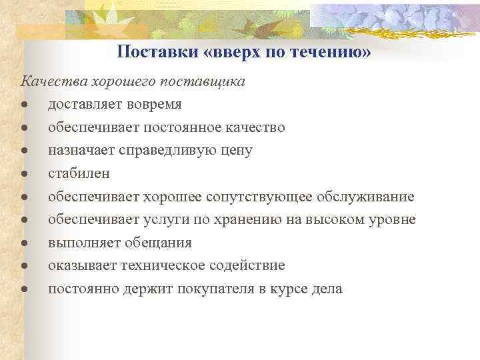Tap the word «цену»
click(x=235, y=150)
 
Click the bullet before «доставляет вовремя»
click(x=23, y=105)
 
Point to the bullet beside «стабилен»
click(x=23, y=174)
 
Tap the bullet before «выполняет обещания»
click(x=23, y=243)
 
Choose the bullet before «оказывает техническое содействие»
click(x=23, y=266)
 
